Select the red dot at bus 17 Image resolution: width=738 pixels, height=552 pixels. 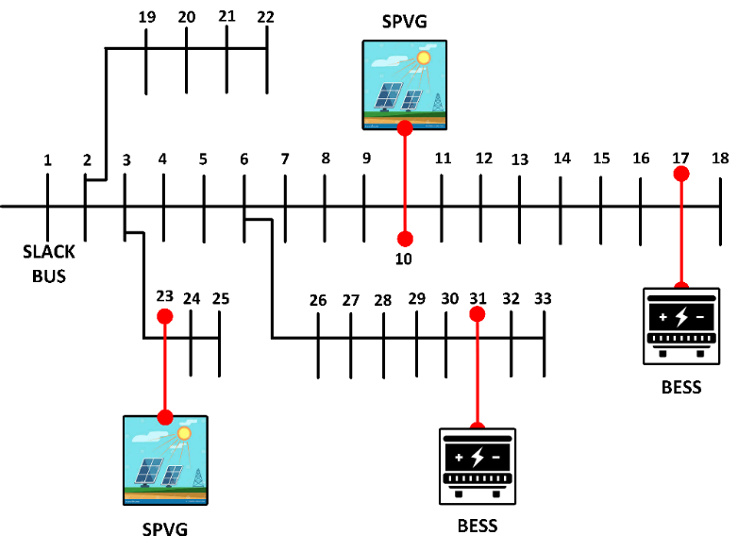click(x=680, y=175)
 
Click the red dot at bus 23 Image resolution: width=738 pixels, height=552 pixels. click(x=165, y=317)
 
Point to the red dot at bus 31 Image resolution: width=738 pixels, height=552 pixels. click(x=478, y=312)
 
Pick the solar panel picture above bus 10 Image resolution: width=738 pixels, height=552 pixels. click(x=405, y=84)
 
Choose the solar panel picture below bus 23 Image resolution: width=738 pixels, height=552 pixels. click(x=165, y=459)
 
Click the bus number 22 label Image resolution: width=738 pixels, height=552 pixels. click(x=266, y=17)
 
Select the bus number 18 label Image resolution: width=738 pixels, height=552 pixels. click(x=720, y=158)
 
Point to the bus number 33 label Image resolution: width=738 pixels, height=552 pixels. click(x=543, y=298)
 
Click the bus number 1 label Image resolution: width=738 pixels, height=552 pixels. click(x=47, y=160)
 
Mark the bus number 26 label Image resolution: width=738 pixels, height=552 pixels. click(x=318, y=300)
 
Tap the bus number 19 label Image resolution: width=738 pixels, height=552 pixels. click(x=146, y=17)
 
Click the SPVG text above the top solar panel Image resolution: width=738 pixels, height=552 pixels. click(x=405, y=22)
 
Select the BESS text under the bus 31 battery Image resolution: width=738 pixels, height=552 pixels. click(x=478, y=525)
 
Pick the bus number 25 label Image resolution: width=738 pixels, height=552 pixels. click(x=220, y=298)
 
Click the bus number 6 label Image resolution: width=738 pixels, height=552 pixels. click(x=243, y=159)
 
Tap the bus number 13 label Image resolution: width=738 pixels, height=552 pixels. click(x=519, y=159)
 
